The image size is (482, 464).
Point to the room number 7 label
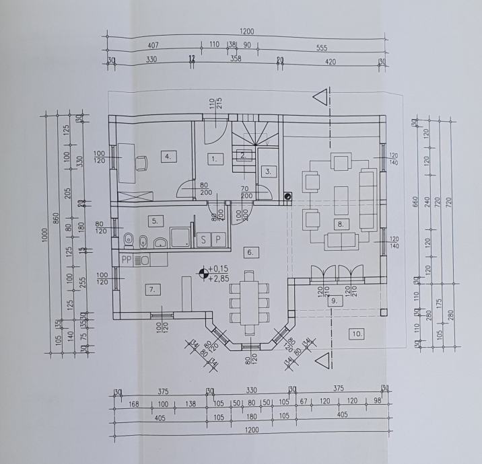tap(153, 289)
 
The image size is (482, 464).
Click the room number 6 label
tap(249, 252)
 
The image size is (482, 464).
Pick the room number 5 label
tap(155, 220)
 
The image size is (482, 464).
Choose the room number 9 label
tap(333, 301)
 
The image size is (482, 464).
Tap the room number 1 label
tap(213, 159)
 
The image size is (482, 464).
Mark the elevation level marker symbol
tap(202, 273)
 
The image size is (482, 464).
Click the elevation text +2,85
tap(220, 278)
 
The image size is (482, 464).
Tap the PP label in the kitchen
tap(127, 259)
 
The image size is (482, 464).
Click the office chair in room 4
tap(142, 162)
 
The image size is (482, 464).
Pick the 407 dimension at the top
tap(153, 46)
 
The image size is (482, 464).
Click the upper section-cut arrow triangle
tap(324, 96)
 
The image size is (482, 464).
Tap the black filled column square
tap(287, 196)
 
